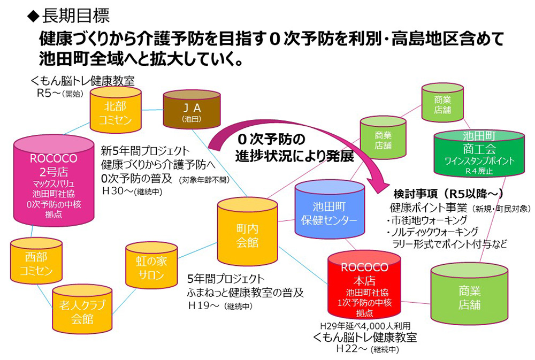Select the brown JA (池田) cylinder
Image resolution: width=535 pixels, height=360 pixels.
coord(192,110)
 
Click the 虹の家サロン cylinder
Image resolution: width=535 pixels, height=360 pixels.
coord(151,267)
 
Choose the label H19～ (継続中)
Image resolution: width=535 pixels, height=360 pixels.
coord(219,306)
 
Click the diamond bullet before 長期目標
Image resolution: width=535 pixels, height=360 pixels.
coord(33,16)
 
